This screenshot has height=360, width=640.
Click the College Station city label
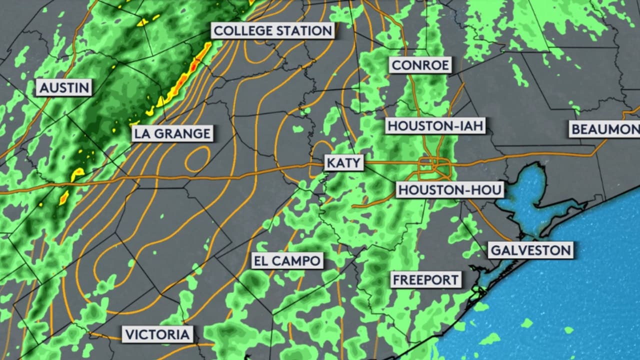[x=272, y=30]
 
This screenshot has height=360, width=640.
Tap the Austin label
[x=64, y=88]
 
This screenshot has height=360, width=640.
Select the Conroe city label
[x=420, y=64]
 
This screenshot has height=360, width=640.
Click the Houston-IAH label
[x=435, y=126]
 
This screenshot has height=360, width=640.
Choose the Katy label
[x=343, y=163]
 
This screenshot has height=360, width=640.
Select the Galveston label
[x=530, y=250]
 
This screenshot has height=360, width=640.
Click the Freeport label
[x=426, y=279]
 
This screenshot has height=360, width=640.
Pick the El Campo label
[x=287, y=260]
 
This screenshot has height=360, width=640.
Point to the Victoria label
[x=157, y=334]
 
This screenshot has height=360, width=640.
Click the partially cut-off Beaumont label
[x=604, y=129]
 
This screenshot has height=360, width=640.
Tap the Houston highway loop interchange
[x=434, y=165]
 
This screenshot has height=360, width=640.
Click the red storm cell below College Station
[x=194, y=64]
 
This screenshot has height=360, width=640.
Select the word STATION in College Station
[x=304, y=30]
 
